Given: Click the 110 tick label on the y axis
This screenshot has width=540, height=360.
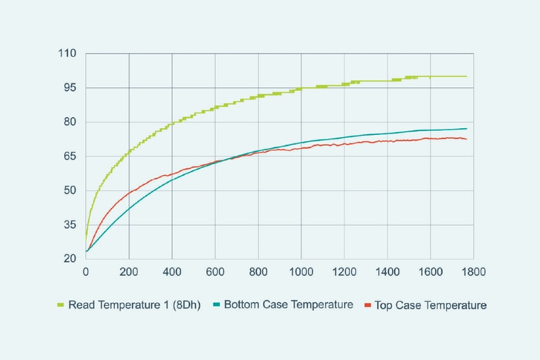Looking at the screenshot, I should tap(67, 54).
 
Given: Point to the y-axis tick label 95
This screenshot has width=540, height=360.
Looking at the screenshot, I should tap(69, 88).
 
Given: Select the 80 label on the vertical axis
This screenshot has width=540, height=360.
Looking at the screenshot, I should tap(69, 122).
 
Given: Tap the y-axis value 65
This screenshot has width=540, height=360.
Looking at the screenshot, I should tap(69, 156).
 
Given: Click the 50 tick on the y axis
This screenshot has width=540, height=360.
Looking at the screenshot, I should tap(69, 190).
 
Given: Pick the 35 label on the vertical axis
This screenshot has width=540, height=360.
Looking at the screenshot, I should tap(69, 224).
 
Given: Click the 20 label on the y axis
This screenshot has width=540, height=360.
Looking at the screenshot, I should tap(69, 259).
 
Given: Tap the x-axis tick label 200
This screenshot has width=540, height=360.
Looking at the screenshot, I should tap(129, 272).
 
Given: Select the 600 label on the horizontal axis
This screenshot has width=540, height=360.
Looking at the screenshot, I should tap(215, 272).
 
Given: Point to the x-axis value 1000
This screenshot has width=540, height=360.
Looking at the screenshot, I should tap(301, 272).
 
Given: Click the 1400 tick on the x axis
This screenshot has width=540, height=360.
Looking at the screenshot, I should tap(387, 272).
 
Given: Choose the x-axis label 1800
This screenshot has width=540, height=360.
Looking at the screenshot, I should tap(474, 272).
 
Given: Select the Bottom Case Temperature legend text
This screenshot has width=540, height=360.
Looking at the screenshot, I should tap(289, 304).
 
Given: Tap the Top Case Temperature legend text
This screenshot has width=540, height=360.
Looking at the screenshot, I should tap(430, 305).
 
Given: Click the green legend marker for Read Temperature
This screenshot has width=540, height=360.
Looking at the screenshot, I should tap(60, 305).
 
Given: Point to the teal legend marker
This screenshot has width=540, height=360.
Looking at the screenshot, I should tap(217, 305).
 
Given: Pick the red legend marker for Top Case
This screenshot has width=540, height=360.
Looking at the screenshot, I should tap(367, 305).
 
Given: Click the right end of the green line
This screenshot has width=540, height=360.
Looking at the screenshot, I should tap(467, 76).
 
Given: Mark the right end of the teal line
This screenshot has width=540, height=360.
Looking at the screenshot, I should tap(467, 129).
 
